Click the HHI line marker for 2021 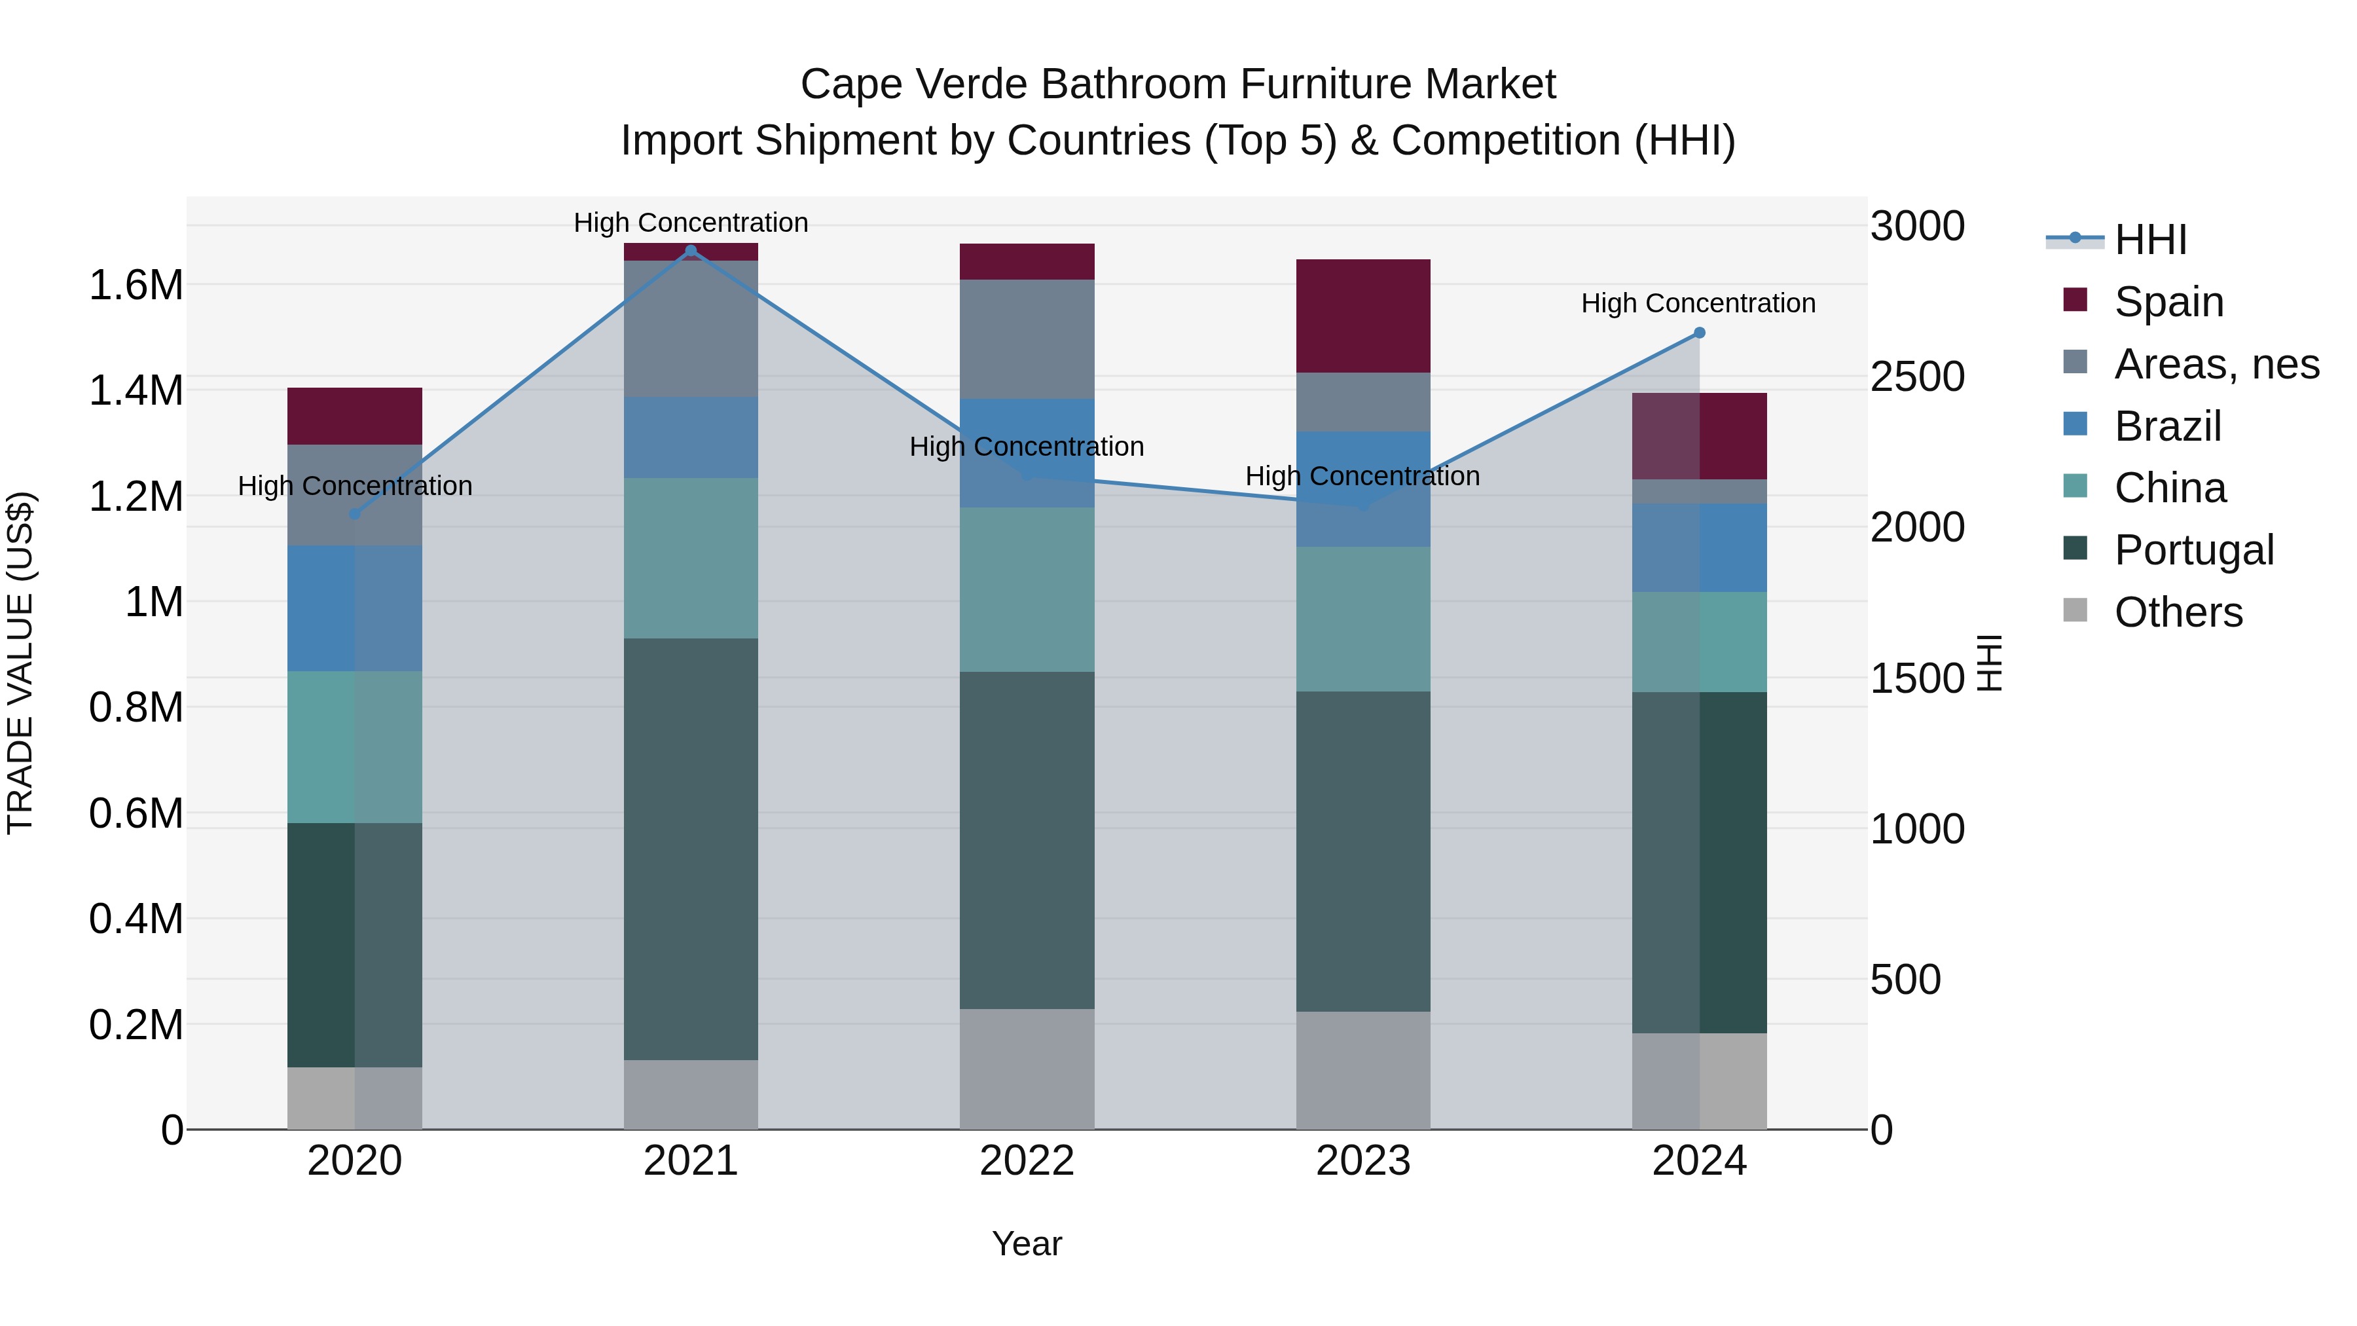(x=691, y=251)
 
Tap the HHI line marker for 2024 (x=1699, y=333)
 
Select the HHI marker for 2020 (x=355, y=514)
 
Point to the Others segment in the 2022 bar (x=1027, y=1068)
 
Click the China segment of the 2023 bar (x=1362, y=619)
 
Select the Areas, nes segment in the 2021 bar (x=691, y=329)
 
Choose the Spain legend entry (x=2168, y=301)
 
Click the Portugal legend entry (x=2193, y=550)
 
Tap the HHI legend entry (x=2150, y=240)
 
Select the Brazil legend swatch (x=2075, y=426)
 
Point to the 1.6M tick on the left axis (x=136, y=285)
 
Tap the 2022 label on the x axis (x=1027, y=1161)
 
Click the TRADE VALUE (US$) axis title (x=20, y=663)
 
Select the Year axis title (x=1027, y=1243)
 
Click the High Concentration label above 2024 (x=1698, y=303)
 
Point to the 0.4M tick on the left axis (x=136, y=919)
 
